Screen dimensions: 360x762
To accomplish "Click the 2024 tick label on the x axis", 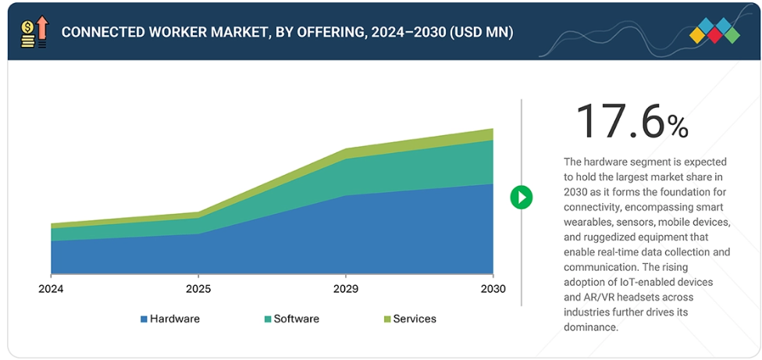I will pyautogui.click(x=51, y=289).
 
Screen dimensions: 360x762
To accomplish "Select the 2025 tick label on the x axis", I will pyautogui.click(x=198, y=289).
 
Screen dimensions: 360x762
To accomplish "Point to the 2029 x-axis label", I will pyautogui.click(x=346, y=289).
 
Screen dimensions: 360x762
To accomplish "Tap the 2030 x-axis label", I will pyautogui.click(x=493, y=289).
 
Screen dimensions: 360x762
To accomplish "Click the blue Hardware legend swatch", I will pyautogui.click(x=144, y=319).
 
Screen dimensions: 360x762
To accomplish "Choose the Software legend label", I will pyautogui.click(x=297, y=319).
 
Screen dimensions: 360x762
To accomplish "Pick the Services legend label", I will pyautogui.click(x=415, y=319).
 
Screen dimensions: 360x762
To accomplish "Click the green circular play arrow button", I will pyautogui.click(x=521, y=197).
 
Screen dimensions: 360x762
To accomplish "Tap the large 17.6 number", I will pyautogui.click(x=620, y=122).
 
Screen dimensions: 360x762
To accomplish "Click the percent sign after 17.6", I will pyautogui.click(x=678, y=127).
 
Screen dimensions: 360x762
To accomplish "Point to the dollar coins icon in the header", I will pyautogui.click(x=27, y=33).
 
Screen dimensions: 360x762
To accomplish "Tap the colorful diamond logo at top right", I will pyautogui.click(x=714, y=31).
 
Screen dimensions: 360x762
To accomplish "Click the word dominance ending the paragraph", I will pyautogui.click(x=589, y=327).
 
